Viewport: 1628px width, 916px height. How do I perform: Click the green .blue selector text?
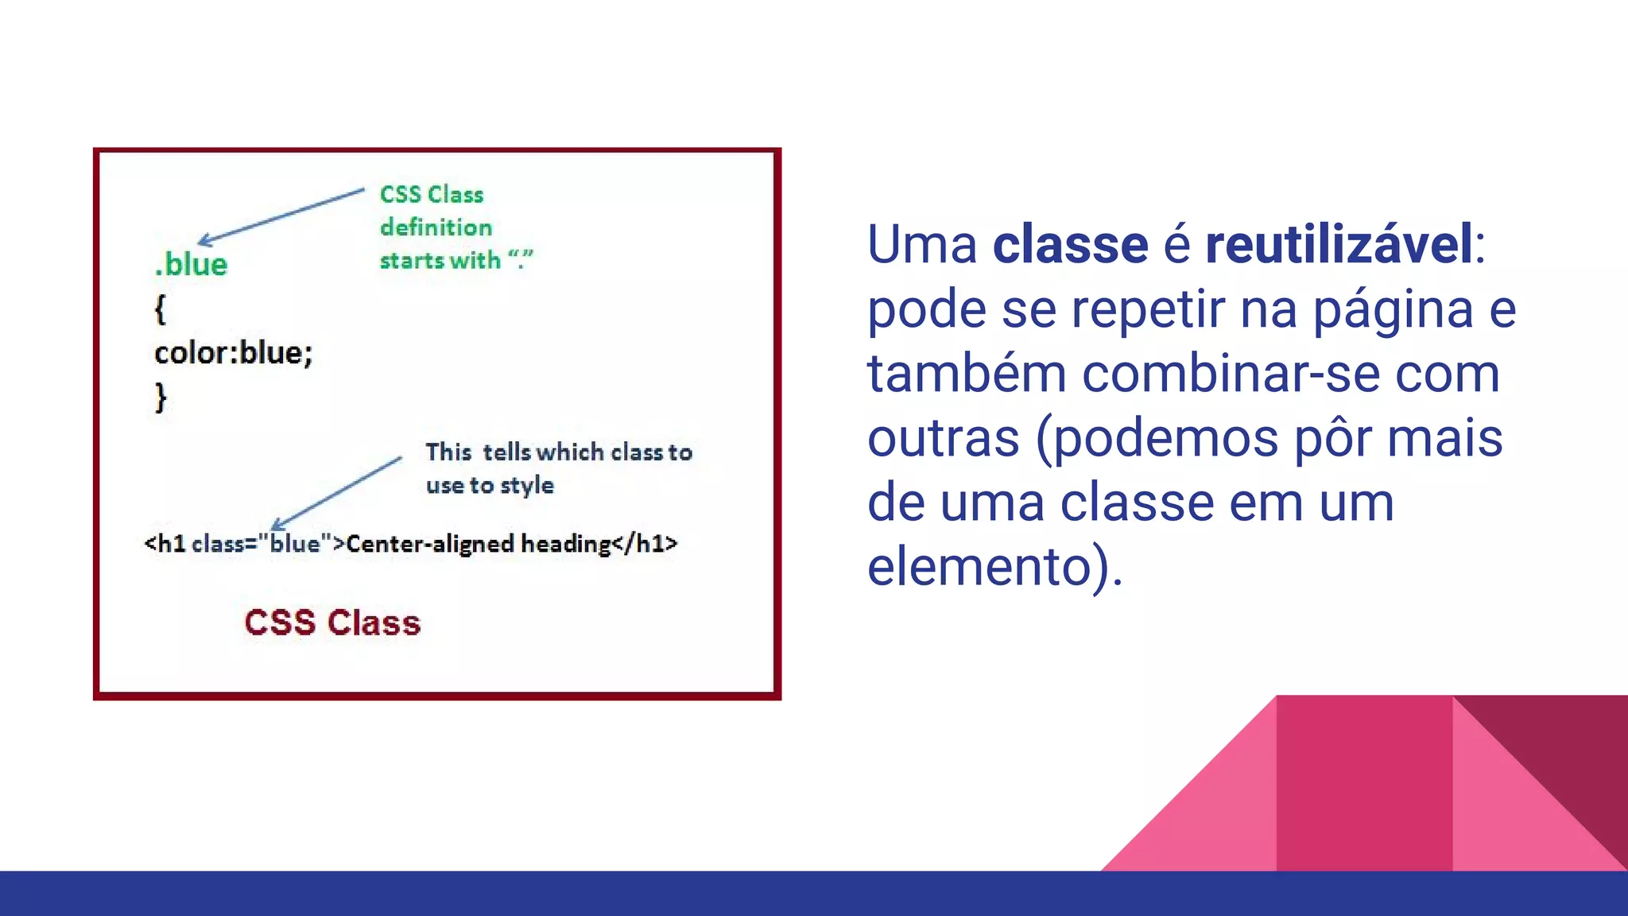click(x=192, y=264)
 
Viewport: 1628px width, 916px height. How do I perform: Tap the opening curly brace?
click(x=160, y=309)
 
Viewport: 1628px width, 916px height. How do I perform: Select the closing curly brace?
click(x=161, y=396)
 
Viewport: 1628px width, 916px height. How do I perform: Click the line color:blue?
click(x=234, y=352)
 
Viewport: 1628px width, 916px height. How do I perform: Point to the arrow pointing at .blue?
click(x=280, y=215)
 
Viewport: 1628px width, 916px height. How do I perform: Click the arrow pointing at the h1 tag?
click(x=336, y=493)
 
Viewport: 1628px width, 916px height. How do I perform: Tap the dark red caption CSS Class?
click(x=332, y=623)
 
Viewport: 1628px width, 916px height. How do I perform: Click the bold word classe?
click(x=1070, y=244)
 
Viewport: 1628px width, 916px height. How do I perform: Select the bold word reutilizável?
click(x=1339, y=244)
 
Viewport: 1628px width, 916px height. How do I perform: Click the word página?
click(x=1393, y=309)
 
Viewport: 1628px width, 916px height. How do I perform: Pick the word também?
click(x=966, y=374)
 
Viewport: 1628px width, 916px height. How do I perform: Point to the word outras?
click(x=943, y=438)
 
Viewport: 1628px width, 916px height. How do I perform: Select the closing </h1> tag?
click(x=645, y=544)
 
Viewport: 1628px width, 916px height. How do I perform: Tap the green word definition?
click(x=436, y=227)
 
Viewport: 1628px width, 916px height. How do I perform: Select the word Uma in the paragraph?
click(x=921, y=244)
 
